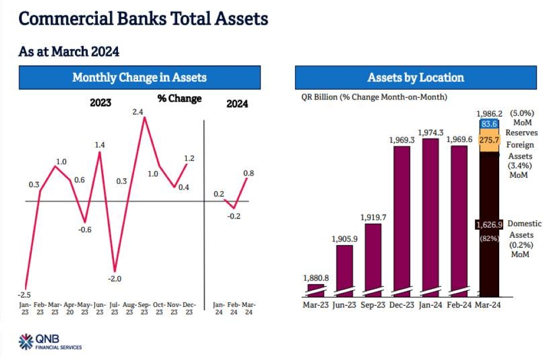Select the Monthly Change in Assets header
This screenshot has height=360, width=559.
tap(139, 78)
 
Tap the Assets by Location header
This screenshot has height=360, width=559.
tap(415, 78)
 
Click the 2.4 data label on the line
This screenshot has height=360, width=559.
tap(138, 112)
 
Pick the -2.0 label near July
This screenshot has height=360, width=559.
tap(115, 279)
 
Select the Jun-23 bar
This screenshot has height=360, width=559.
tap(344, 268)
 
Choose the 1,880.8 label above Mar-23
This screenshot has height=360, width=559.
tap(316, 278)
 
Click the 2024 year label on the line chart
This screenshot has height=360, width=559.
tap(238, 103)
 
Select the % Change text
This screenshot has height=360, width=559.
tap(179, 99)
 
